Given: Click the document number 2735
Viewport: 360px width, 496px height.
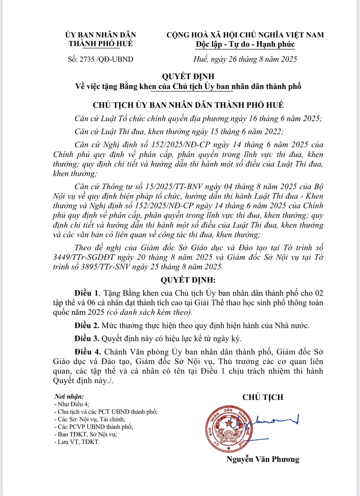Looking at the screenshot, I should (x=87, y=59).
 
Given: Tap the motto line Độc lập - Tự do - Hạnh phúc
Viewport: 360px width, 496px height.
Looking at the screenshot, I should (x=245, y=44).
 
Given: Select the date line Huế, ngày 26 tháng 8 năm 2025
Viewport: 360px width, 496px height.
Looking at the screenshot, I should (x=245, y=59).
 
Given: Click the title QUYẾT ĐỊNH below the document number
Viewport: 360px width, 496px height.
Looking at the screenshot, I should (x=188, y=76).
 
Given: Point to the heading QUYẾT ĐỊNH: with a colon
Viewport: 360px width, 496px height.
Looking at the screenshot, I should (x=188, y=280).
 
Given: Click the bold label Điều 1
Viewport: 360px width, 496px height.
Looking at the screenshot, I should (x=87, y=293).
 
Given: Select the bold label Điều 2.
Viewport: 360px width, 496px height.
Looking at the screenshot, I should (x=87, y=326).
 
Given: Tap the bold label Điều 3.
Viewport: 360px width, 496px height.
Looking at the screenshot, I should (x=87, y=339).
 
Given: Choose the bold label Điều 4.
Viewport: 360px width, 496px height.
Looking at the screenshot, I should (x=88, y=352).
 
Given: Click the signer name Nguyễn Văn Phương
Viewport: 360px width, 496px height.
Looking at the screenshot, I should (x=263, y=459).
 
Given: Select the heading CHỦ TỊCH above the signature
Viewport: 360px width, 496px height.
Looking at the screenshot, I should (x=263, y=397).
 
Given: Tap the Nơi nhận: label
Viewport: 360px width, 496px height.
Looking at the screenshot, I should (x=69, y=397).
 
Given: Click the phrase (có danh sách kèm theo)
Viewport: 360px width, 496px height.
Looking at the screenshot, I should (x=149, y=312).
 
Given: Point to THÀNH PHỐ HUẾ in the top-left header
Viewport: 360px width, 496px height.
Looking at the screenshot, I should (x=101, y=44).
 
